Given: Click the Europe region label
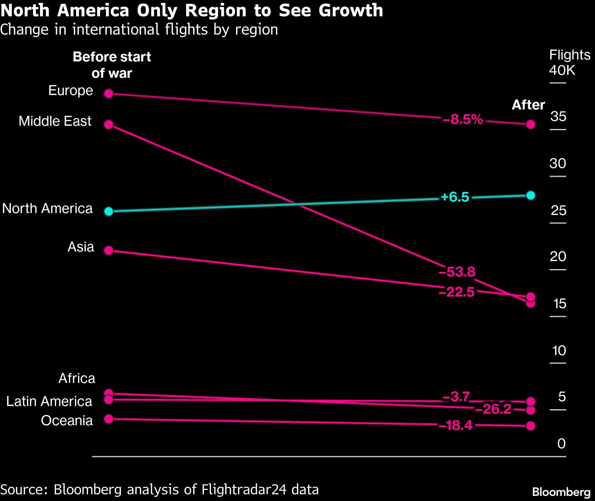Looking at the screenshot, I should coord(71,91).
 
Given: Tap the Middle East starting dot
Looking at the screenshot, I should coord(109,124).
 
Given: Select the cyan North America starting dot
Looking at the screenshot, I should coord(109,211).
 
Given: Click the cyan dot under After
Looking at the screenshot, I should coord(531,195).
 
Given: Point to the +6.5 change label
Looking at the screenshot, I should coord(455,197).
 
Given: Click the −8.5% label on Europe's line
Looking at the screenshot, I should coord(463,119).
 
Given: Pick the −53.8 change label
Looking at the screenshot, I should coord(457,272).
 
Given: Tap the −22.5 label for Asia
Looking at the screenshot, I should coord(457,292).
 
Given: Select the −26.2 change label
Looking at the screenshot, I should coord(493,409).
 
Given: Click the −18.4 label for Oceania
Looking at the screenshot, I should coord(456,425).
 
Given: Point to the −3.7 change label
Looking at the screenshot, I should coord(456,397).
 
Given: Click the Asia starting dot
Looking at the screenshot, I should coord(109,250).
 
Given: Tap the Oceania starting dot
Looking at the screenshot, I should coord(109,419).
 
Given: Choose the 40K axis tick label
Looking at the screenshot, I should coord(562,70).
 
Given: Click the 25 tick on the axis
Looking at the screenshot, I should coord(559,211).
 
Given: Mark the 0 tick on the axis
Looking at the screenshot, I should coord(561,444).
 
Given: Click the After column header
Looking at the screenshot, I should coord(528,105).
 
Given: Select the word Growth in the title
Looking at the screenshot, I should coord(351,11).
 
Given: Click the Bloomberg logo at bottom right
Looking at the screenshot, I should coord(561,492).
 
